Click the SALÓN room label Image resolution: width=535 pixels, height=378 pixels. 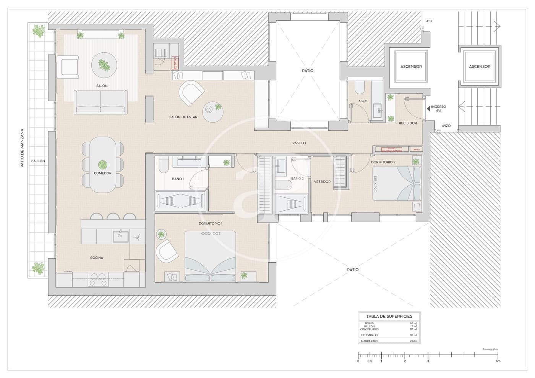click(102, 86)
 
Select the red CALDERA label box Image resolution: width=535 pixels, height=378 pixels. click(175, 63)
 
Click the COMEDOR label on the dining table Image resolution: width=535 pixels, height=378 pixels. click(102, 173)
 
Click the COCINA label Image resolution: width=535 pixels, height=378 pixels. click(96, 258)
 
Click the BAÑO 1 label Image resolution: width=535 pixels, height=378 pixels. click(178, 179)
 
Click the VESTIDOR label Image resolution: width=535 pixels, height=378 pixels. click(322, 182)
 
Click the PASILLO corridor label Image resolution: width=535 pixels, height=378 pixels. click(299, 143)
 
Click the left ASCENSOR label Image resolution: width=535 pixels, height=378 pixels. click(411, 66)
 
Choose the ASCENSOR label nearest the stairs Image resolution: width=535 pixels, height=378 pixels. click(480, 66)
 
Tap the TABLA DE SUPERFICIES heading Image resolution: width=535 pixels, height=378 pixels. click(389, 316)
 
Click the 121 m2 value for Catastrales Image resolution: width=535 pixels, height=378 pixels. click(413, 335)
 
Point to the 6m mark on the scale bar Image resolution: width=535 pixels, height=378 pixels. click(498, 361)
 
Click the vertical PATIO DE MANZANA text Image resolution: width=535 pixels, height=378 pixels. click(22, 148)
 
